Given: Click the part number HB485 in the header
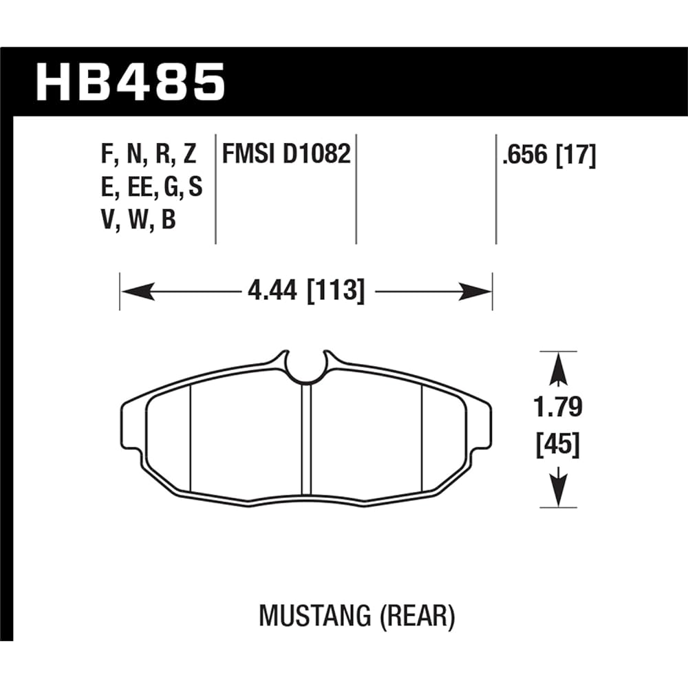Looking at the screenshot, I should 131,81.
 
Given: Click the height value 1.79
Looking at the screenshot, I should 559,407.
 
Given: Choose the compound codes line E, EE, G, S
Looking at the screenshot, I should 151,187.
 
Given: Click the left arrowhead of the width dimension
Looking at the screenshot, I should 133,292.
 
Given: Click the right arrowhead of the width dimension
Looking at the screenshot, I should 480,292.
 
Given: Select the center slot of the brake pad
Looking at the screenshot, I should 306,440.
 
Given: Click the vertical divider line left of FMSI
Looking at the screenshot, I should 216,187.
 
